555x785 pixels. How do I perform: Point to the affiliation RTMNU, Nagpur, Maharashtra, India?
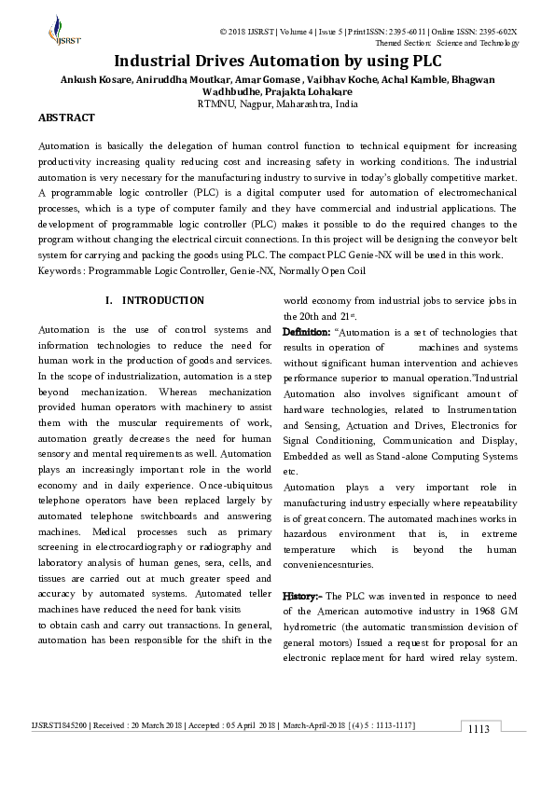pyautogui.click(x=277, y=104)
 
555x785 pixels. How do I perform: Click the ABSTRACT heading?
pyautogui.click(x=66, y=118)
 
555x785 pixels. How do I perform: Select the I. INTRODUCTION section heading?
pyautogui.click(x=155, y=300)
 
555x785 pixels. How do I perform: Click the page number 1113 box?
pyautogui.click(x=479, y=729)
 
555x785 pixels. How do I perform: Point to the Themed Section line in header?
pyautogui.click(x=446, y=43)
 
